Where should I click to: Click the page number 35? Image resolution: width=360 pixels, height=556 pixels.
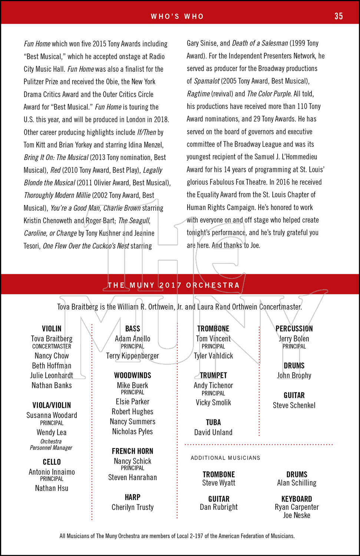338,16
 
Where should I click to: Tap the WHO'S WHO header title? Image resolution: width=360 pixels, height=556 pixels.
177,16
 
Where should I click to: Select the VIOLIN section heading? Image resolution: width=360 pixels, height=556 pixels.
52,329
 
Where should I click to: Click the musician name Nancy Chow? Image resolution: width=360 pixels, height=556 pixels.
52,356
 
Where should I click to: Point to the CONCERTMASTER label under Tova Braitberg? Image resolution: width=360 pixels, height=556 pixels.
52,347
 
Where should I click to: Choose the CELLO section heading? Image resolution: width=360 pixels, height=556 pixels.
52,462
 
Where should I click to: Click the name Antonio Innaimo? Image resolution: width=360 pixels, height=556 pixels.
52,472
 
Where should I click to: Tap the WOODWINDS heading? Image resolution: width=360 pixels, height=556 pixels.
132,375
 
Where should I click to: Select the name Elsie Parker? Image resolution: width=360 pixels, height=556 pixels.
132,402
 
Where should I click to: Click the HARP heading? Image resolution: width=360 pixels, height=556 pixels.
132,497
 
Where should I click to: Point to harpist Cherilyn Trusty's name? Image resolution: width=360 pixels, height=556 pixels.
132,507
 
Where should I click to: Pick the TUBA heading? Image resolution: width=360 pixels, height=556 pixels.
213,423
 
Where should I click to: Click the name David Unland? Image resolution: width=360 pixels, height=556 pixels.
213,433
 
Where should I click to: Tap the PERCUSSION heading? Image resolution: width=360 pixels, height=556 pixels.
294,329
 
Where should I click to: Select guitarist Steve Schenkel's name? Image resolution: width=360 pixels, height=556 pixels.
294,406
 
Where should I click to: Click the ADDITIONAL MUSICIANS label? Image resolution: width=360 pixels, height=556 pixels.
225,458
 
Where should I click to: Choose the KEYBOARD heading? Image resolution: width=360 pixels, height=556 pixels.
297,499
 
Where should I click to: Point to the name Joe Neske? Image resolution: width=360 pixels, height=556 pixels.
297,515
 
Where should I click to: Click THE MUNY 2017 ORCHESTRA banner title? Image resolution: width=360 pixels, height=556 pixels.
174,285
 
